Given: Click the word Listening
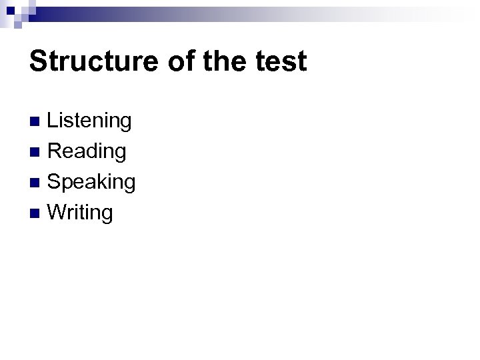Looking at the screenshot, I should pyautogui.click(x=90, y=121).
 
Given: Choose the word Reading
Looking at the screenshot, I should pyautogui.click(x=87, y=151).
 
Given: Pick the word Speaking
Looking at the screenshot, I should pyautogui.click(x=92, y=182).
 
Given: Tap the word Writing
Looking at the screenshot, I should pyautogui.click(x=81, y=213).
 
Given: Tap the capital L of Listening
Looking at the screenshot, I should pyautogui.click(x=53, y=121).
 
